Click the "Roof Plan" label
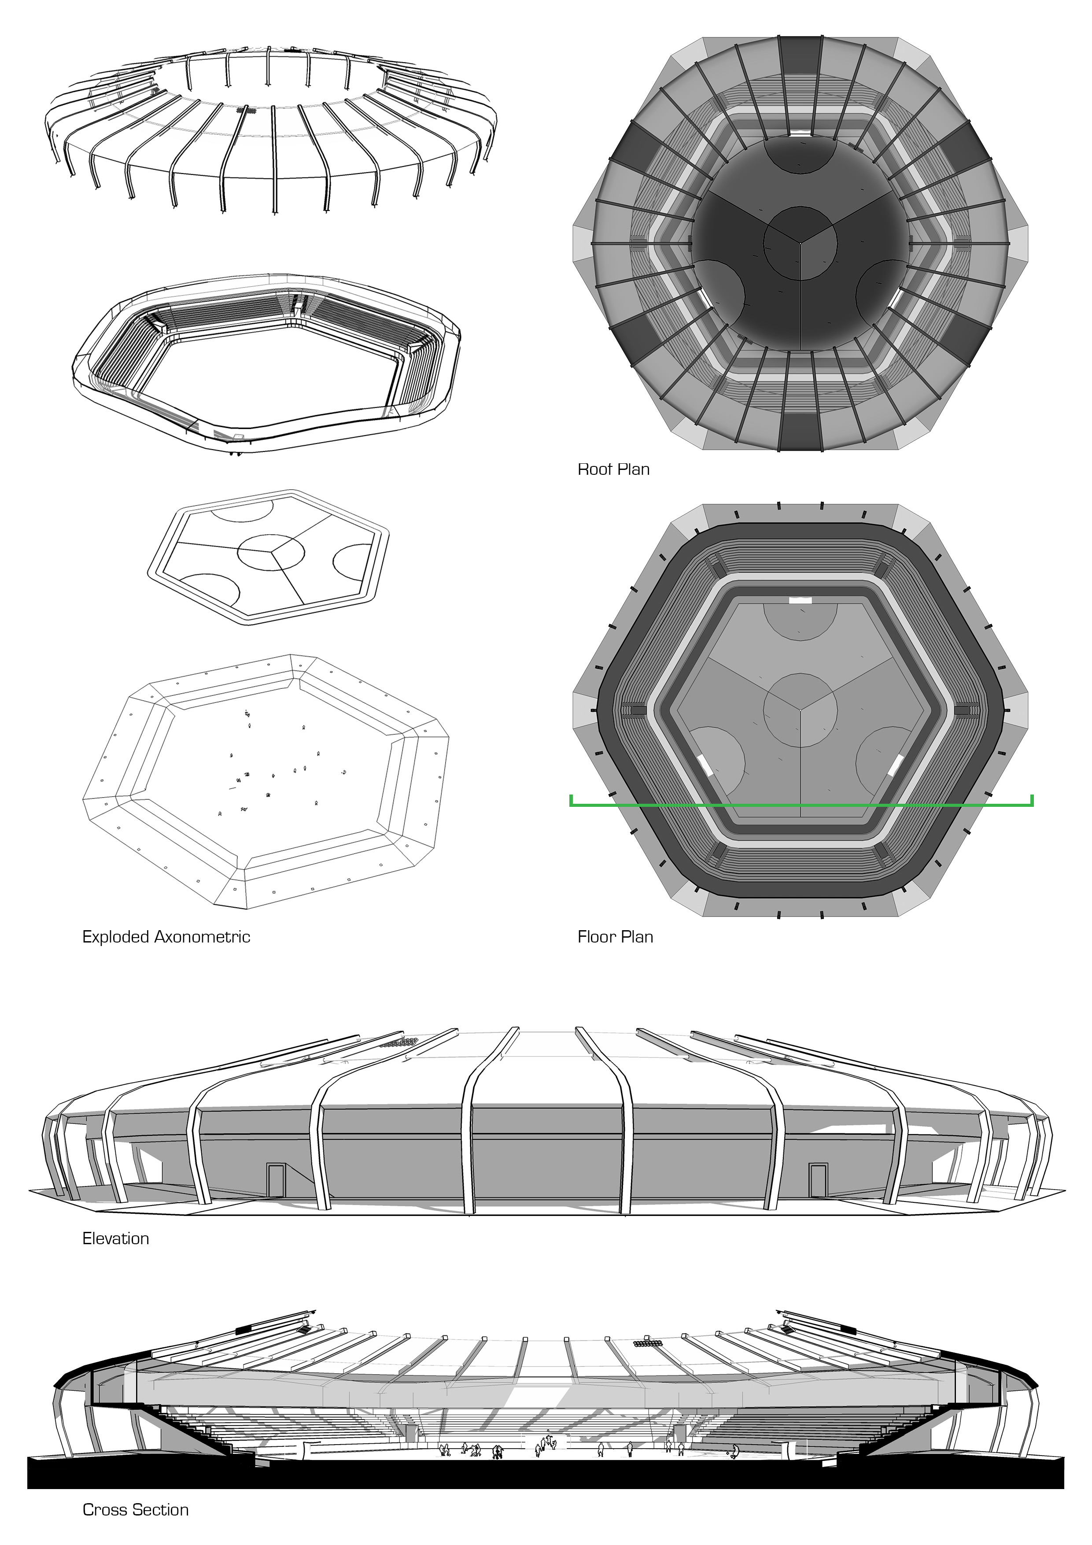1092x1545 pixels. pos(614,469)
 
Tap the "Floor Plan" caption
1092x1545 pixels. pos(615,937)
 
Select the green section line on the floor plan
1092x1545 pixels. pos(801,804)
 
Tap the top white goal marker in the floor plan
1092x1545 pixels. pos(800,599)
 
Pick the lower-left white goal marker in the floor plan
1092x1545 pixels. pos(705,765)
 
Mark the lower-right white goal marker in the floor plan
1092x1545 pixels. pos(896,765)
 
